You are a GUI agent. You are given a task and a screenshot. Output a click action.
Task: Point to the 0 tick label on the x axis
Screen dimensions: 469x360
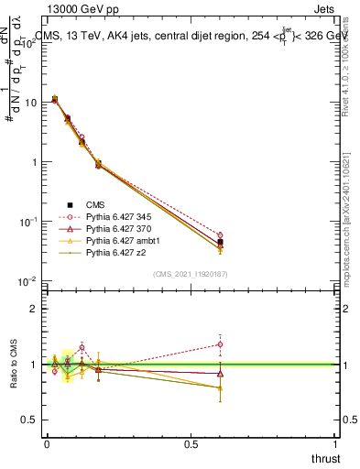tap(47, 444)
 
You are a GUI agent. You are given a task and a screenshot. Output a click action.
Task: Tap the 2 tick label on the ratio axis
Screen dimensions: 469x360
tap(32, 309)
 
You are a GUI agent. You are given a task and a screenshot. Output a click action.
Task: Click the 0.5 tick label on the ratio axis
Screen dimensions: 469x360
tap(28, 420)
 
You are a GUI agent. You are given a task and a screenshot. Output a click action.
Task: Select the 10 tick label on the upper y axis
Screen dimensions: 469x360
tap(28, 103)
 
